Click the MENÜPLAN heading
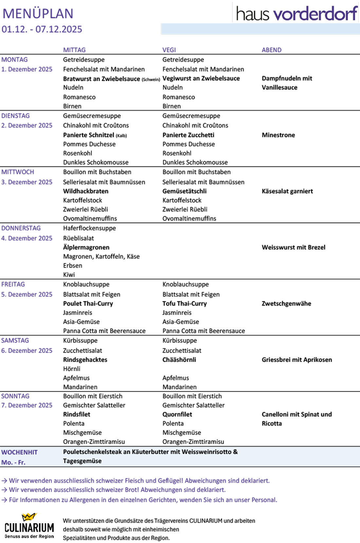38,14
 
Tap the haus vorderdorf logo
297,14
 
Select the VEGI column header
169,50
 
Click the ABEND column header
272,50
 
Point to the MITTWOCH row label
18,172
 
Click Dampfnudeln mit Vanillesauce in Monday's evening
287,83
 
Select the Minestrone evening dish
278,135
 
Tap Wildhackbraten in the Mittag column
86,191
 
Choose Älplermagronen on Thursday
86,247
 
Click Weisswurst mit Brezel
294,247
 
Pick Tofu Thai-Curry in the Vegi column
185,304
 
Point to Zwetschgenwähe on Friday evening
286,304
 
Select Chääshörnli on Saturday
179,359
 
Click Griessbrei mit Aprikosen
297,360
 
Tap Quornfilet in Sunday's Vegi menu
177,414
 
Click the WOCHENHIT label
19,452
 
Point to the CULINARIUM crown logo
29,517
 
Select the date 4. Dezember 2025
27,238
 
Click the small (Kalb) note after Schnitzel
121,136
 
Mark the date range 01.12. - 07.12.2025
42,29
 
